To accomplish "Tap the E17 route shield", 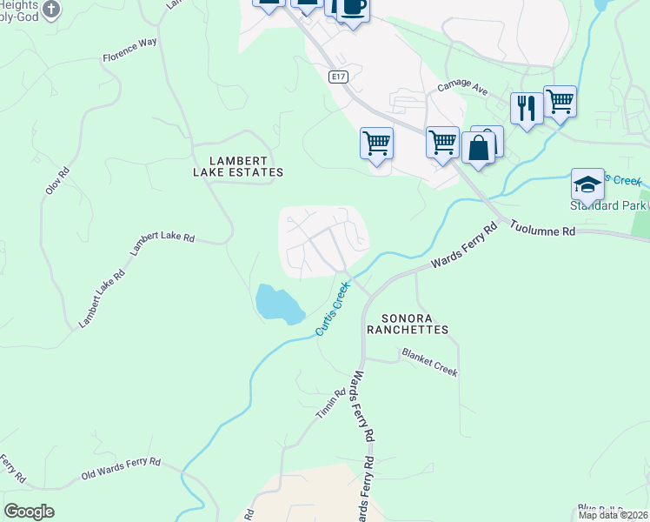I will click(x=339, y=77).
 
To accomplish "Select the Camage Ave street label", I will click(x=461, y=88).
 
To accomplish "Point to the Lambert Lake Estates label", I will click(x=238, y=166).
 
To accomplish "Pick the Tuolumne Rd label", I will click(x=542, y=228).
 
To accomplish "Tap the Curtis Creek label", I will click(x=333, y=308).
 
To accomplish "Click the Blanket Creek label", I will click(x=429, y=362).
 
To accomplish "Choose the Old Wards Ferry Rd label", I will click(x=121, y=470).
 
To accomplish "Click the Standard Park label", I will click(x=608, y=206).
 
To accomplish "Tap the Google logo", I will click(x=29, y=512).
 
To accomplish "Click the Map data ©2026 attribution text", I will click(x=613, y=515).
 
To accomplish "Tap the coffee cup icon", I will click(x=353, y=8).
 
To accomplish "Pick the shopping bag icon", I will click(x=478, y=147).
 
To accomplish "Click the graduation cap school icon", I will click(x=587, y=184).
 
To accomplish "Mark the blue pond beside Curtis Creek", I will click(x=278, y=303).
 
